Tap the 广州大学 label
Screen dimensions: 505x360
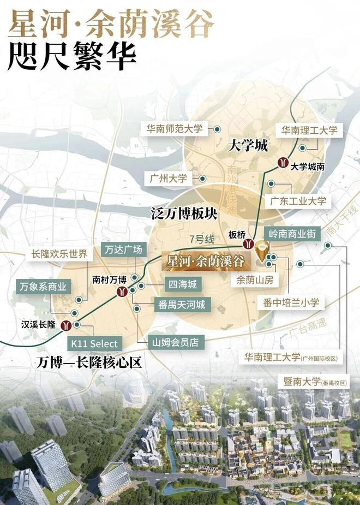tap(167, 179)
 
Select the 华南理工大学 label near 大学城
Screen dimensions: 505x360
tap(309, 130)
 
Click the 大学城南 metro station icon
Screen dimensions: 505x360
tap(283, 162)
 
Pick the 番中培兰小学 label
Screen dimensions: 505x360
tap(291, 302)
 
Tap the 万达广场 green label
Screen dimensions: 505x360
tap(123, 250)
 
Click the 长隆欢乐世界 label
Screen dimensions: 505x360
tap(59, 254)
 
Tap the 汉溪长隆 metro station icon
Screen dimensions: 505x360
tap(67, 325)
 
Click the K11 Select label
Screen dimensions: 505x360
tap(94, 343)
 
